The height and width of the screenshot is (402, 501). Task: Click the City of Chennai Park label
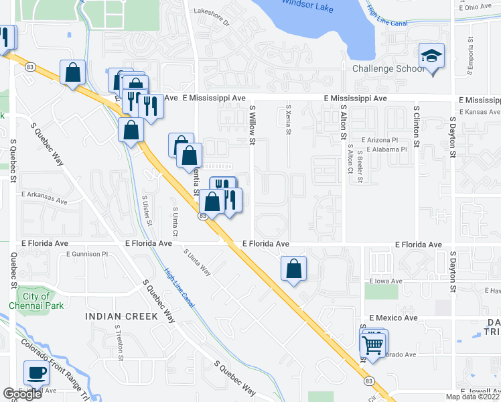click(x=36, y=301)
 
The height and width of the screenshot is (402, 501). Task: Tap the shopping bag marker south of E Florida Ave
click(x=293, y=269)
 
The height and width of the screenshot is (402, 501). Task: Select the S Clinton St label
click(x=416, y=125)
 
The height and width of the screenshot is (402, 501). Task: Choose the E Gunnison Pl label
click(x=87, y=255)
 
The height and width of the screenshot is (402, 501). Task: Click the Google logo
click(x=22, y=394)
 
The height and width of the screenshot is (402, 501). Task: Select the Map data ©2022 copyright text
click(x=472, y=397)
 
